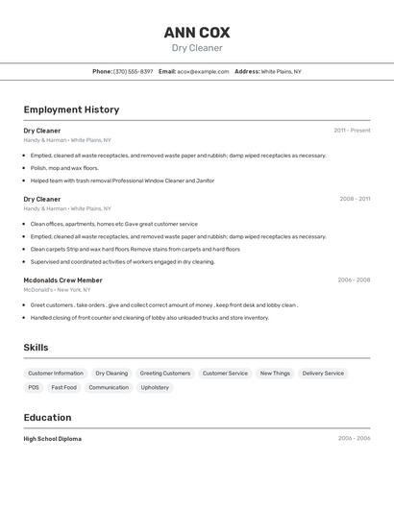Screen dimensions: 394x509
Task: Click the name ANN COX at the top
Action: [x=197, y=33]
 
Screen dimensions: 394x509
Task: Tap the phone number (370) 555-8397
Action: [x=134, y=71]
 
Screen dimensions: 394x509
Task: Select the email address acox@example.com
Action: [x=203, y=71]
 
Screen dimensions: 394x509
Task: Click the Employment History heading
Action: [x=71, y=109]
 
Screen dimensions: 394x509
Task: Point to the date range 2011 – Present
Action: [x=352, y=130]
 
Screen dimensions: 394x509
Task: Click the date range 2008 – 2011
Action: [x=355, y=199]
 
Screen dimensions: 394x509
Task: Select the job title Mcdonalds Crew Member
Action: [x=62, y=280]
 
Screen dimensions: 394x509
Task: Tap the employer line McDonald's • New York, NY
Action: [x=57, y=289]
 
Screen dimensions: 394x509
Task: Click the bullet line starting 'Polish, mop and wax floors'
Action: [x=64, y=168]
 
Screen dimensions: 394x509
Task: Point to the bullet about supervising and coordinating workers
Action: [x=123, y=261]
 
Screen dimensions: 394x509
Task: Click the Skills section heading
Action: [x=36, y=348]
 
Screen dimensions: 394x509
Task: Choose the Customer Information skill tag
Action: [x=56, y=373]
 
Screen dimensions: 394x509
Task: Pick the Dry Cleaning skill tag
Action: [x=111, y=373]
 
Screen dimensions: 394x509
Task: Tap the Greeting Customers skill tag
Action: [x=165, y=373]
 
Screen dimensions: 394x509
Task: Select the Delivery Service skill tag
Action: [x=323, y=373]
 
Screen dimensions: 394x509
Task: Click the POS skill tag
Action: [x=34, y=387]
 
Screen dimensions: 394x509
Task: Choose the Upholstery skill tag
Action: [x=155, y=387]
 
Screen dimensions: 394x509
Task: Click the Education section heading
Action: [x=47, y=418]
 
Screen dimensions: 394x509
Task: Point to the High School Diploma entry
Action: [x=53, y=439]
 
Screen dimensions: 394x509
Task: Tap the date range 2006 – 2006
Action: [x=354, y=439]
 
